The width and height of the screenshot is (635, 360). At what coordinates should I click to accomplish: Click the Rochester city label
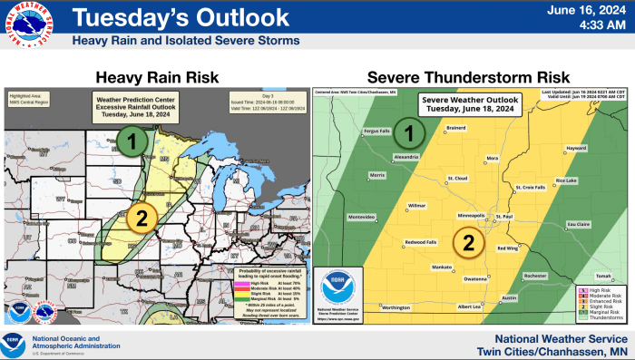(x=536, y=275)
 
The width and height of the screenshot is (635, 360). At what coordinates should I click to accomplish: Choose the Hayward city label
(x=577, y=147)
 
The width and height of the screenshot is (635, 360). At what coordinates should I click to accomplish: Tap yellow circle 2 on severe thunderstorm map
(x=469, y=242)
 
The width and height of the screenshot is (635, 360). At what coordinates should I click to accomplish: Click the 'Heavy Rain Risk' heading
(x=156, y=78)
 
